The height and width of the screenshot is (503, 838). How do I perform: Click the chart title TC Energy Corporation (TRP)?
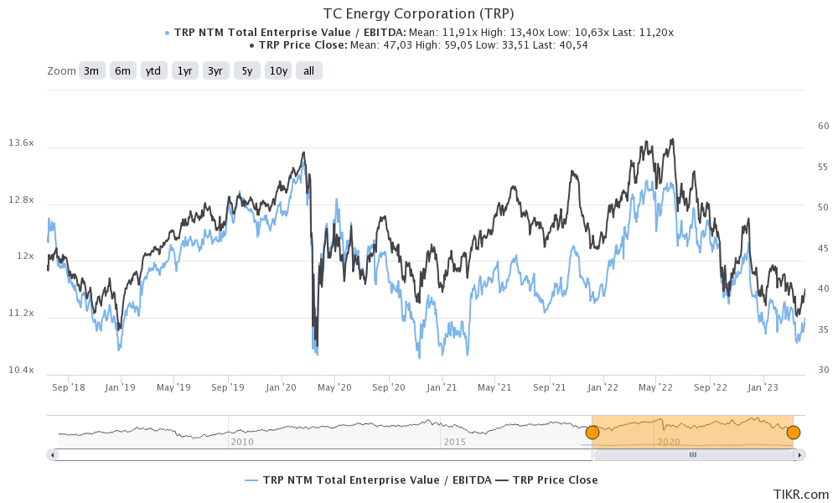(418, 14)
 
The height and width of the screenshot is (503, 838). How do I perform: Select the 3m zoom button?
(91, 71)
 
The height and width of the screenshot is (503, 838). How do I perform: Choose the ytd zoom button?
(153, 71)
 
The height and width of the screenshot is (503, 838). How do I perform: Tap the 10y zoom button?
(278, 71)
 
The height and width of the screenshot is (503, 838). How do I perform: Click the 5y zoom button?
(246, 71)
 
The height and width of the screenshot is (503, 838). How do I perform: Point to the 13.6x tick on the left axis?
(21, 143)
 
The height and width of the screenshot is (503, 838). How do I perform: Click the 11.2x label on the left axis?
(21, 314)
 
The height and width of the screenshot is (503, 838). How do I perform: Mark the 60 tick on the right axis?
(823, 126)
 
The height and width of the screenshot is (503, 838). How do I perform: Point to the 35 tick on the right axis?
(823, 330)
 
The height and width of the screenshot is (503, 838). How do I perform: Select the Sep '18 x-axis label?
(68, 387)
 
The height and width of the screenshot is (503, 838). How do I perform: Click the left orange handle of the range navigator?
(592, 433)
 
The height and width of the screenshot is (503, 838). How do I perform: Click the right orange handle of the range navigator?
(793, 433)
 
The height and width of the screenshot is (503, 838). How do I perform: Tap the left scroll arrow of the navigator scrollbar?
(53, 454)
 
